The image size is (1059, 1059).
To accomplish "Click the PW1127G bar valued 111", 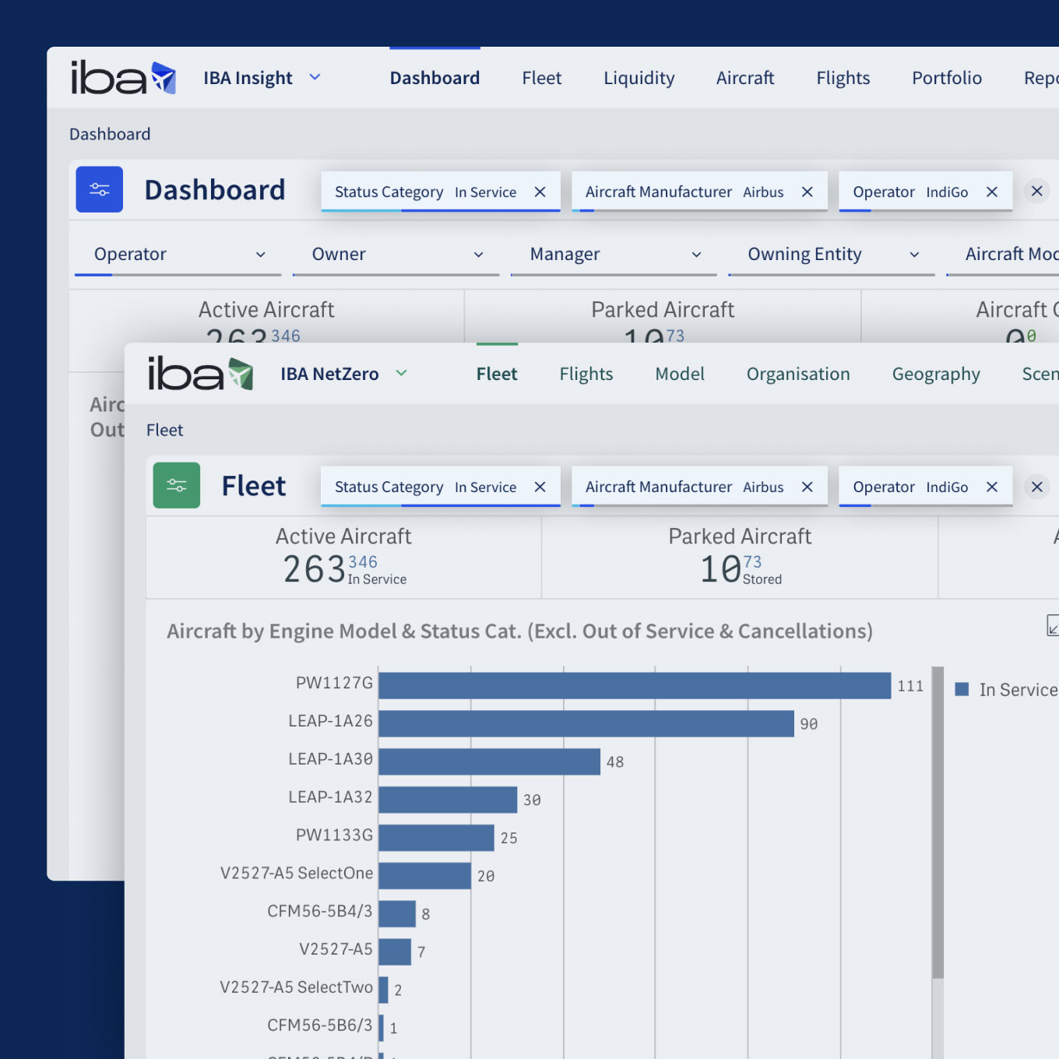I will [x=634, y=686].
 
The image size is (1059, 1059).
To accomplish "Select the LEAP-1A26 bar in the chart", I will [x=586, y=723].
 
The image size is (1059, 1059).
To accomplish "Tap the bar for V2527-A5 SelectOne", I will [x=424, y=875].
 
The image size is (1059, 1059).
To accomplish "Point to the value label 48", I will [x=615, y=762].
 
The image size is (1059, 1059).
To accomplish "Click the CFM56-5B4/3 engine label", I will [x=319, y=911].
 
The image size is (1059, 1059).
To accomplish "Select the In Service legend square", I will [x=962, y=690].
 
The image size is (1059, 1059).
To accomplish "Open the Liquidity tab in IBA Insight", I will [x=639, y=78].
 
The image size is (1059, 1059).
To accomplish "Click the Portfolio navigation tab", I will [x=946, y=78].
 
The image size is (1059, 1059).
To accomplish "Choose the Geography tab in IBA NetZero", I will [x=935, y=374].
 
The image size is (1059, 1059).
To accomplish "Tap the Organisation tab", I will [x=797, y=374].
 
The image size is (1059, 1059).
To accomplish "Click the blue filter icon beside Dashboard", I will [x=99, y=189].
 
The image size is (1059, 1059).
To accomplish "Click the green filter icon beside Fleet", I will [x=176, y=485].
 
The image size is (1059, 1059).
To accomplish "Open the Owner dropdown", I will [x=396, y=255].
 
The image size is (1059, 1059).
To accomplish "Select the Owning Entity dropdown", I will [x=831, y=255].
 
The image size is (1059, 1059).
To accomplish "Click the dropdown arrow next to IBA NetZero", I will [x=402, y=373].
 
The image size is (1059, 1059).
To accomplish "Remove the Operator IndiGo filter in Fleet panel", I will [x=992, y=487].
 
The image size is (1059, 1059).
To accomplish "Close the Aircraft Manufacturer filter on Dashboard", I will [x=807, y=192].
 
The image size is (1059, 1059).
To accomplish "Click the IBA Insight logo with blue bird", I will [x=123, y=78].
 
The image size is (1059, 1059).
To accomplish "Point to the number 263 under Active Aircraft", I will [x=314, y=569].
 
